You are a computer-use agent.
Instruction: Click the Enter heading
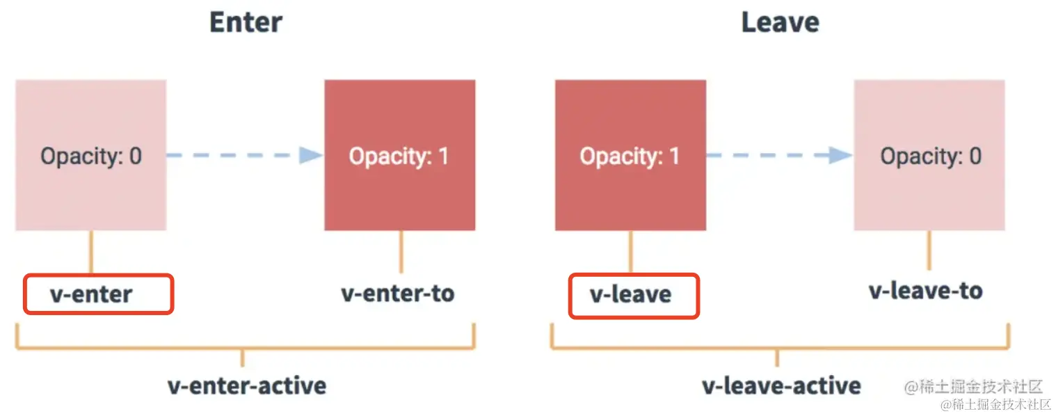coord(246,22)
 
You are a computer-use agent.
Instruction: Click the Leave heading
coord(780,22)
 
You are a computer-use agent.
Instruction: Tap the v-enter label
coord(91,294)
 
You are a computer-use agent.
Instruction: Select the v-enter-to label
coord(397,293)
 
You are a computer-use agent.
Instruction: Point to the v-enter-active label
coord(247,385)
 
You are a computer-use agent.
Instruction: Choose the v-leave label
coord(630,294)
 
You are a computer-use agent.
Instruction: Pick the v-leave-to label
coord(925,290)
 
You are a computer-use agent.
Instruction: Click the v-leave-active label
coord(781,385)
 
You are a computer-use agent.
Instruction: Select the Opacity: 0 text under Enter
coord(91,156)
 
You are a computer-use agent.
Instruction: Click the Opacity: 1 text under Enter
coord(399,156)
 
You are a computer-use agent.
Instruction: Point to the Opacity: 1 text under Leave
coord(630,156)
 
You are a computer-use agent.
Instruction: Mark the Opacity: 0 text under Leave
coord(931,156)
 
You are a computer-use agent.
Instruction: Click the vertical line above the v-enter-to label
coord(401,251)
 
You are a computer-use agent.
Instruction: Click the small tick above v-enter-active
coord(242,358)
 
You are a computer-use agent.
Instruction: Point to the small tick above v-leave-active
coord(776,358)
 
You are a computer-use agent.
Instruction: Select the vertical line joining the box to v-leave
coord(631,251)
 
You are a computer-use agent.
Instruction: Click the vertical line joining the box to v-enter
coord(90,251)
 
